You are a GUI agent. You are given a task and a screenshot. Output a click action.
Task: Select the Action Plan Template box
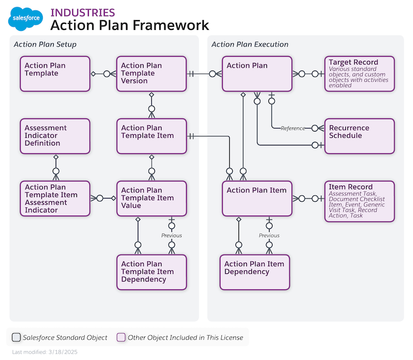coord(56,74)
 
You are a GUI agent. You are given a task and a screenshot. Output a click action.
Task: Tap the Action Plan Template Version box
coord(151,74)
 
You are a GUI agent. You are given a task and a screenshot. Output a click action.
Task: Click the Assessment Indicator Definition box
coord(56,136)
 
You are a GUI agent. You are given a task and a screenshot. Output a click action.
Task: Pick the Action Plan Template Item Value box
coord(151,198)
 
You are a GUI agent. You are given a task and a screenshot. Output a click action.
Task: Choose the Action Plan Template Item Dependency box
coord(151,272)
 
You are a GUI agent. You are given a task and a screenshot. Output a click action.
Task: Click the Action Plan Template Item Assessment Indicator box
coord(56,198)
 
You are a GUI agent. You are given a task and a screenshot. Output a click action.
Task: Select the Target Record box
coord(359,74)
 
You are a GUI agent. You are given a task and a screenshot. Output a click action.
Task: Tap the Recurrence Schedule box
coord(359,136)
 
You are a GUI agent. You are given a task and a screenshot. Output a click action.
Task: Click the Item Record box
coord(359,201)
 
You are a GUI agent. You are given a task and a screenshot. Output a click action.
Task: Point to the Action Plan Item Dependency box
coord(255,272)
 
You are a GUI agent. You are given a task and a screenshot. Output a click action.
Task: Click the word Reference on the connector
coord(293,128)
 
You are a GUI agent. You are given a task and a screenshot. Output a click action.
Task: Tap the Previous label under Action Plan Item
coord(269,236)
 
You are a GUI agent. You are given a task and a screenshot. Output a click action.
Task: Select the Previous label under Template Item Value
coord(171,236)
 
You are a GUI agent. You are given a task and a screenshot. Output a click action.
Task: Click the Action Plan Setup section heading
coord(45,44)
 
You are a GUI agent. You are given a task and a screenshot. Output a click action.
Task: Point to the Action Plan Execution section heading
coord(250,44)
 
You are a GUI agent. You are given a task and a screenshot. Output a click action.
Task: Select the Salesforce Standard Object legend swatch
coord(17,338)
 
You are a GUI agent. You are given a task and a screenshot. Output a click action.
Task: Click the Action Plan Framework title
coord(130,25)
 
